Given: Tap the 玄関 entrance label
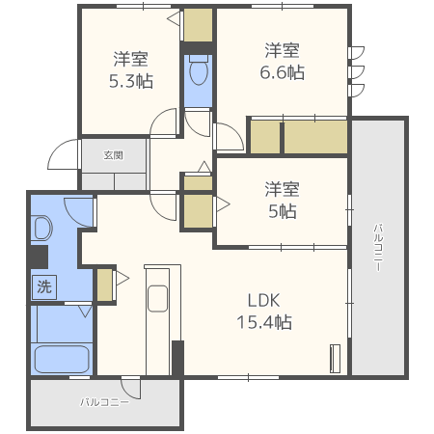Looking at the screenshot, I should click(114, 154).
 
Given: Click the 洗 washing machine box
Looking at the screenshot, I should click(44, 286).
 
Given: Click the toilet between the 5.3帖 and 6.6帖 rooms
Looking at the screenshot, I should click(198, 72).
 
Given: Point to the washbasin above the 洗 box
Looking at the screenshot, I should click(42, 228).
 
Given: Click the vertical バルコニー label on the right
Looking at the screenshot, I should click(377, 246).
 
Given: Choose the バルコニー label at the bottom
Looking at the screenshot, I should click(104, 401).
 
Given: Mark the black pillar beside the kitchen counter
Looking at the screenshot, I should click(176, 358).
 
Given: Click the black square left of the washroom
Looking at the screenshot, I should click(39, 258).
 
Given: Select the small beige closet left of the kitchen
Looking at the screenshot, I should click(104, 284).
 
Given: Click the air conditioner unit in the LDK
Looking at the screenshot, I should click(335, 358).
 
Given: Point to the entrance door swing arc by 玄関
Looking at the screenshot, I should click(65, 154).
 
